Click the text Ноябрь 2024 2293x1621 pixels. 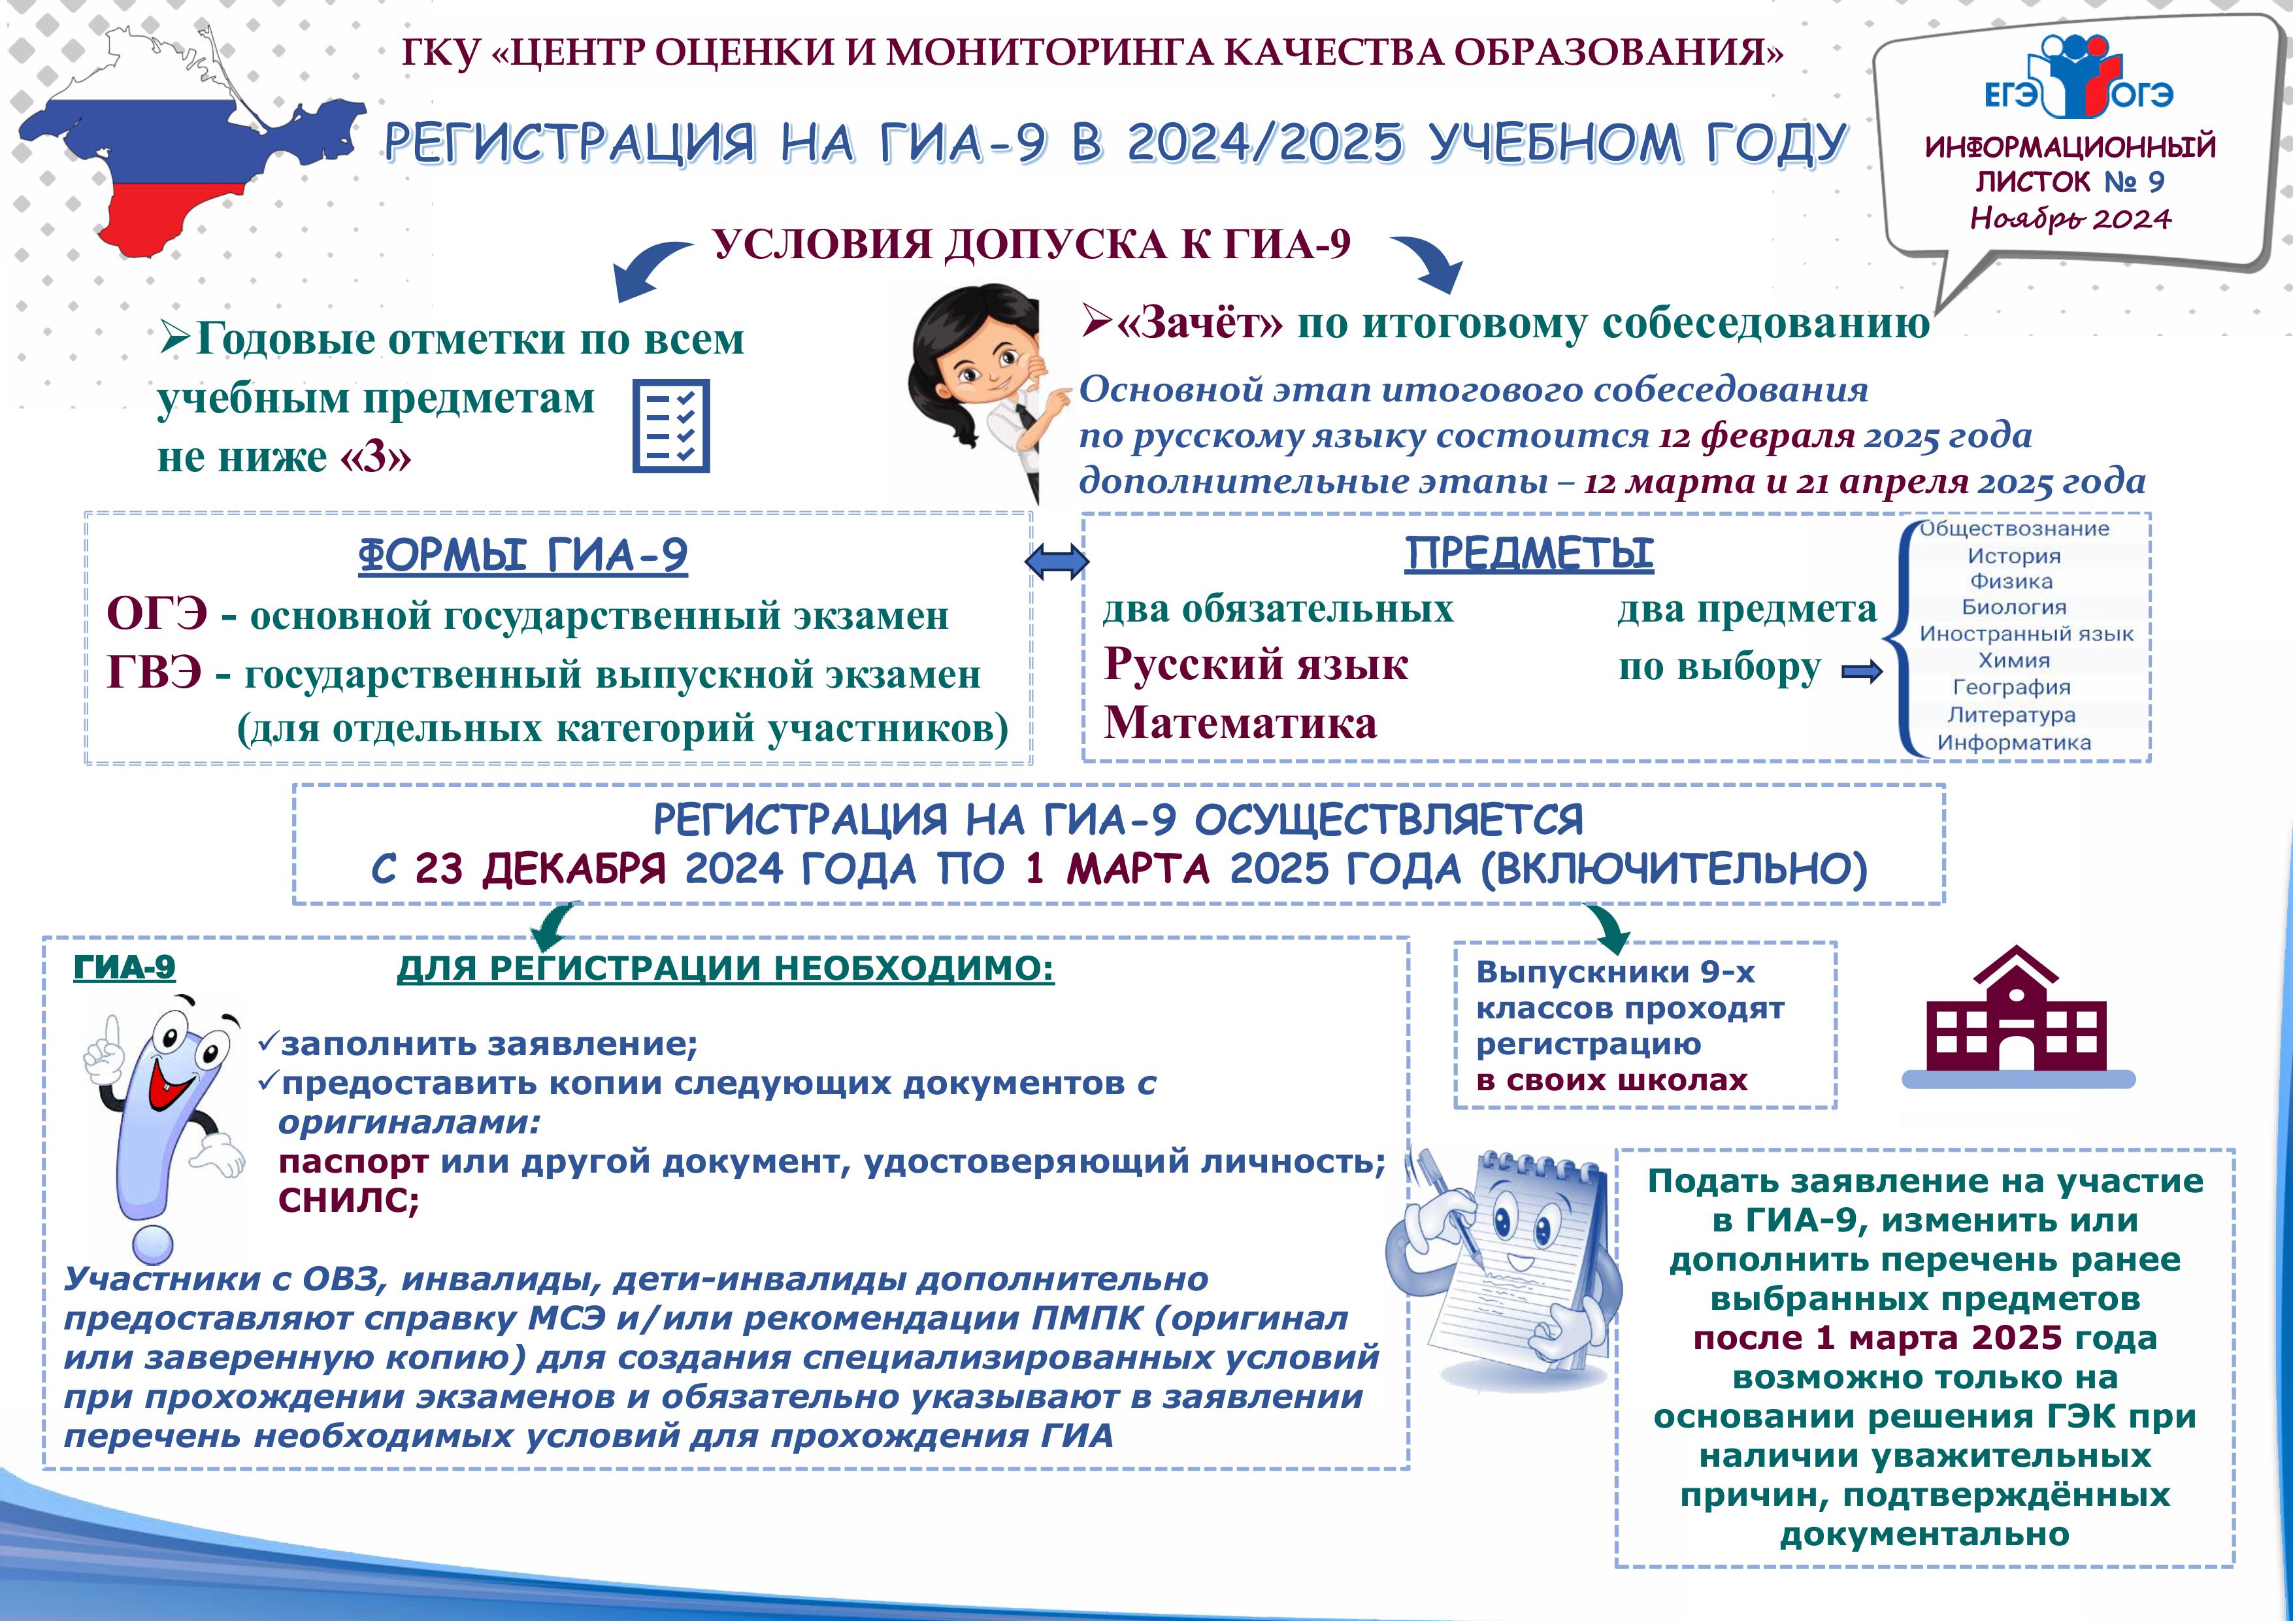[x=2070, y=219]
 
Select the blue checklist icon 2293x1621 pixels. [x=671, y=426]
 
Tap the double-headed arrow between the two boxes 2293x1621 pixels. [x=1057, y=562]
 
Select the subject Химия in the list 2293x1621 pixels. [x=2013, y=660]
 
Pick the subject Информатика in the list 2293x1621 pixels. [x=2013, y=742]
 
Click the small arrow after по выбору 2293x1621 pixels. [x=1860, y=672]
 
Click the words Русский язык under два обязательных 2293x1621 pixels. [x=1255, y=664]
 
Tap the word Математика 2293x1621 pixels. [x=1240, y=722]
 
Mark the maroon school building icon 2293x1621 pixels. [x=2017, y=1019]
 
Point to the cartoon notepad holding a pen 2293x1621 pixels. [x=1508, y=1269]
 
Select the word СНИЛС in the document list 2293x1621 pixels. [x=348, y=1199]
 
